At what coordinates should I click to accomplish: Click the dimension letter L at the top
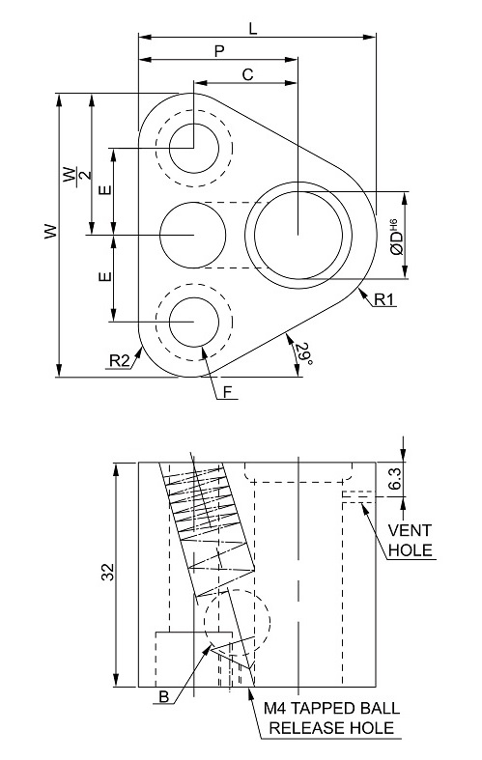click(x=253, y=29)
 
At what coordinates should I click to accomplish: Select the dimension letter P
click(x=219, y=51)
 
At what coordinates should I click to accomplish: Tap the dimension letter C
click(x=247, y=74)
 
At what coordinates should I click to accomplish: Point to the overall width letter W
click(x=50, y=231)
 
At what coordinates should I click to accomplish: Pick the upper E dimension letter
click(x=104, y=189)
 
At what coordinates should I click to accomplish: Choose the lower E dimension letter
click(x=104, y=277)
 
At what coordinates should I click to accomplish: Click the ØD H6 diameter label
click(x=396, y=237)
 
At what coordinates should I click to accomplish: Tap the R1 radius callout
click(x=384, y=299)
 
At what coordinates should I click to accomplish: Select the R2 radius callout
click(x=119, y=360)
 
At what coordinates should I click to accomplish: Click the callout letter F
click(x=228, y=392)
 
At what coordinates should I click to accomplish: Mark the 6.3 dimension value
click(x=395, y=479)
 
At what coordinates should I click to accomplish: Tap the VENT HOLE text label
click(x=410, y=540)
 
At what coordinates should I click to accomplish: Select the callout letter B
click(x=164, y=697)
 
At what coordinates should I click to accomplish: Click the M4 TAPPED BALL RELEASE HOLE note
click(x=331, y=718)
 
